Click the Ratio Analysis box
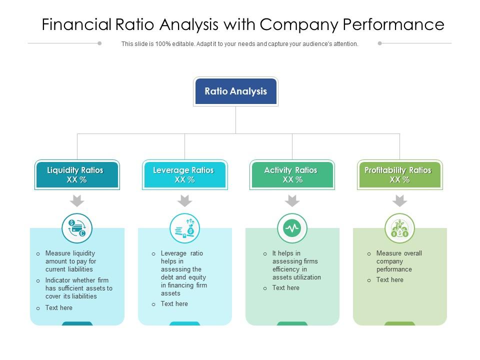(235, 91)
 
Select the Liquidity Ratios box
(77, 174)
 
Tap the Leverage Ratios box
(185, 174)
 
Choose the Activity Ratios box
(292, 174)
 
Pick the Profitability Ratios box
(400, 174)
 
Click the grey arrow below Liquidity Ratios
(77, 201)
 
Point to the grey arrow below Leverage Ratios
(184, 201)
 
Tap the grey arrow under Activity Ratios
(292, 201)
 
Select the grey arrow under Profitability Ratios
(400, 201)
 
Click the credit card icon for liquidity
(77, 228)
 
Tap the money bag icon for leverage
(184, 228)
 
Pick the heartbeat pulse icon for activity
(292, 228)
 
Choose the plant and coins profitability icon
(400, 228)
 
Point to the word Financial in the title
(76, 24)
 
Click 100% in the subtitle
(163, 44)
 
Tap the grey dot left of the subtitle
(99, 43)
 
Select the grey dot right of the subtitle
(380, 43)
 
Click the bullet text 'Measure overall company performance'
(399, 261)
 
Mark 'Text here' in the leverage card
(174, 303)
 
